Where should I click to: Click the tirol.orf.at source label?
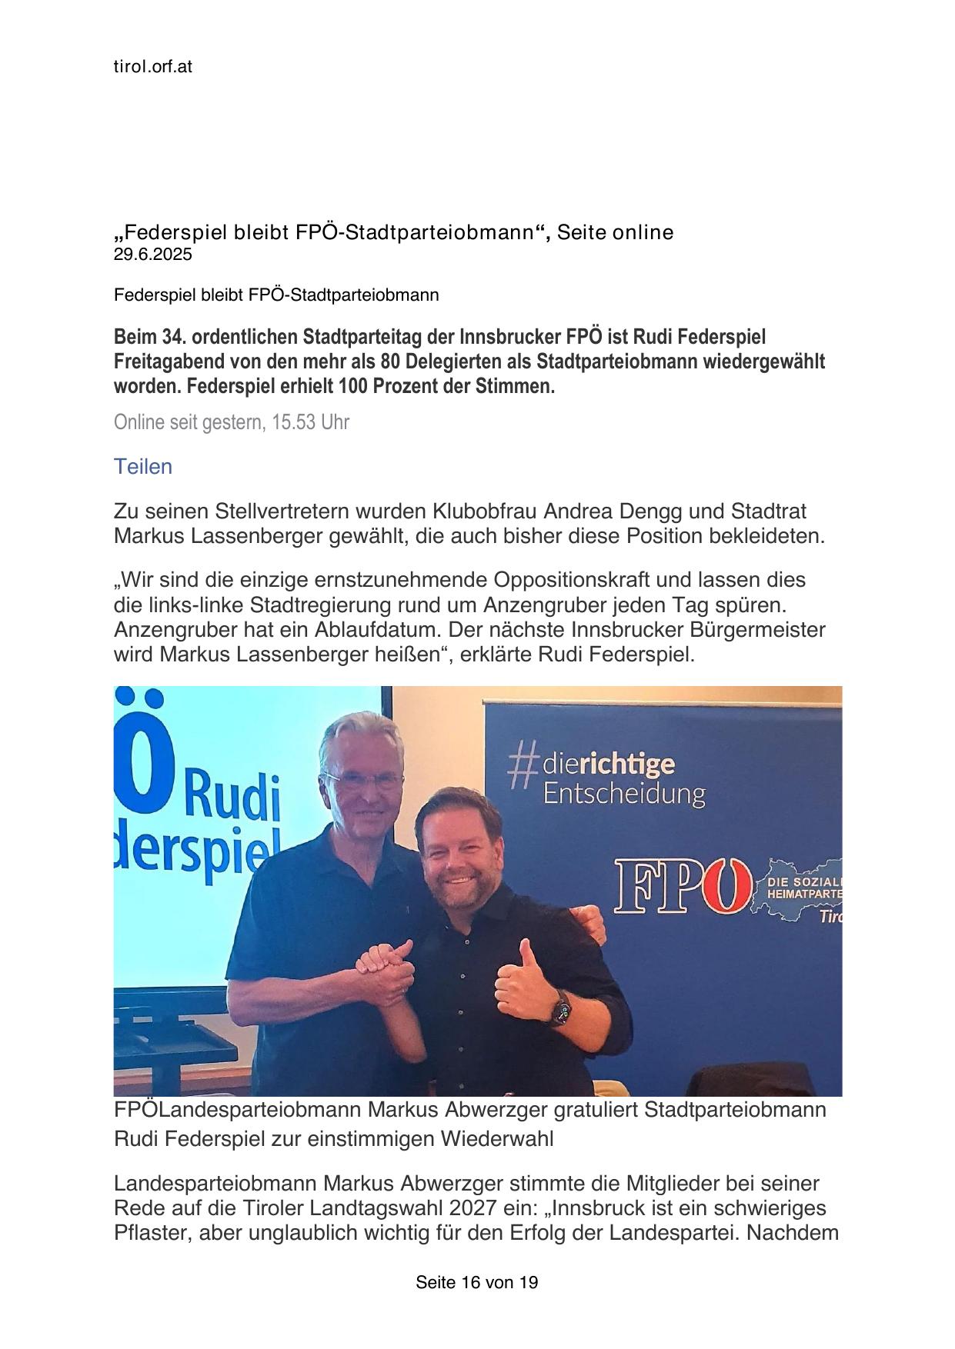point(152,67)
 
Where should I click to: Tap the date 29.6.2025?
point(152,255)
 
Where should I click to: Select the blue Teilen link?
point(142,467)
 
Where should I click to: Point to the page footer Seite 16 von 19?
point(476,1282)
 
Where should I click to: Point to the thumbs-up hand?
point(517,973)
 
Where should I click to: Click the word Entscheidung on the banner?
point(623,794)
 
